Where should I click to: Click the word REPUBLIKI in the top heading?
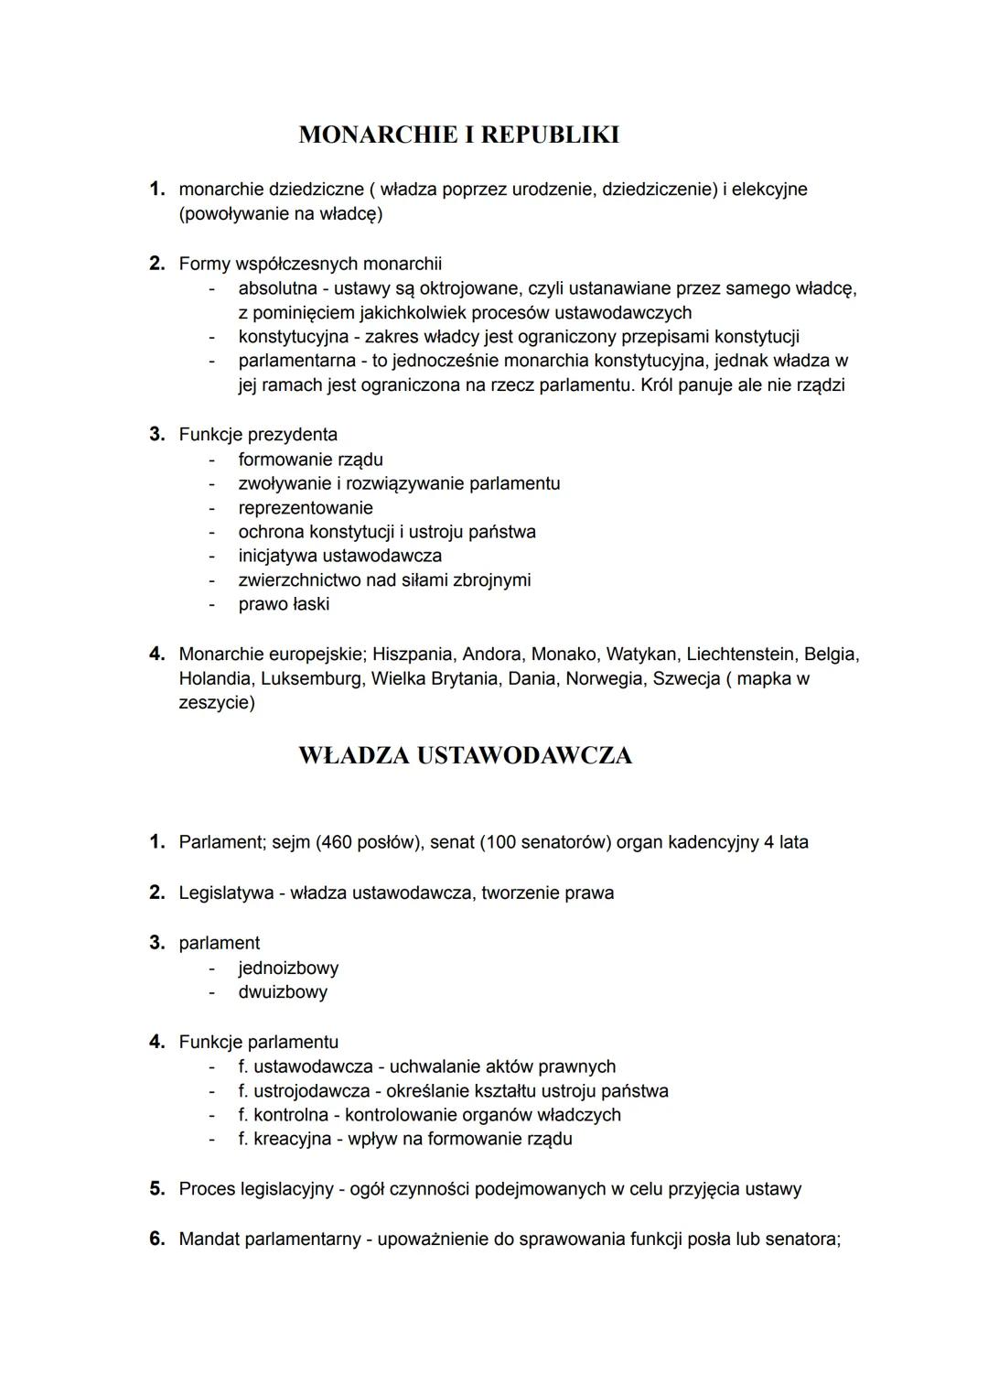click(x=549, y=135)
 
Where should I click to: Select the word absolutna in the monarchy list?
click(x=277, y=288)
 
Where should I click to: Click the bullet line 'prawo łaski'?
click(x=284, y=604)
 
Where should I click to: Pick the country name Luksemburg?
click(x=311, y=679)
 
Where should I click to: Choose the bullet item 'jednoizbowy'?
click(x=288, y=968)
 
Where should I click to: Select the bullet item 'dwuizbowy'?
click(x=283, y=992)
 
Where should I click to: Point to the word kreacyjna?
click(x=292, y=1140)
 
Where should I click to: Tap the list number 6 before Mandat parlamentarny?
click(x=156, y=1239)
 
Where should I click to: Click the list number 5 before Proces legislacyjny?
click(x=156, y=1189)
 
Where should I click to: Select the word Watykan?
click(x=640, y=655)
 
